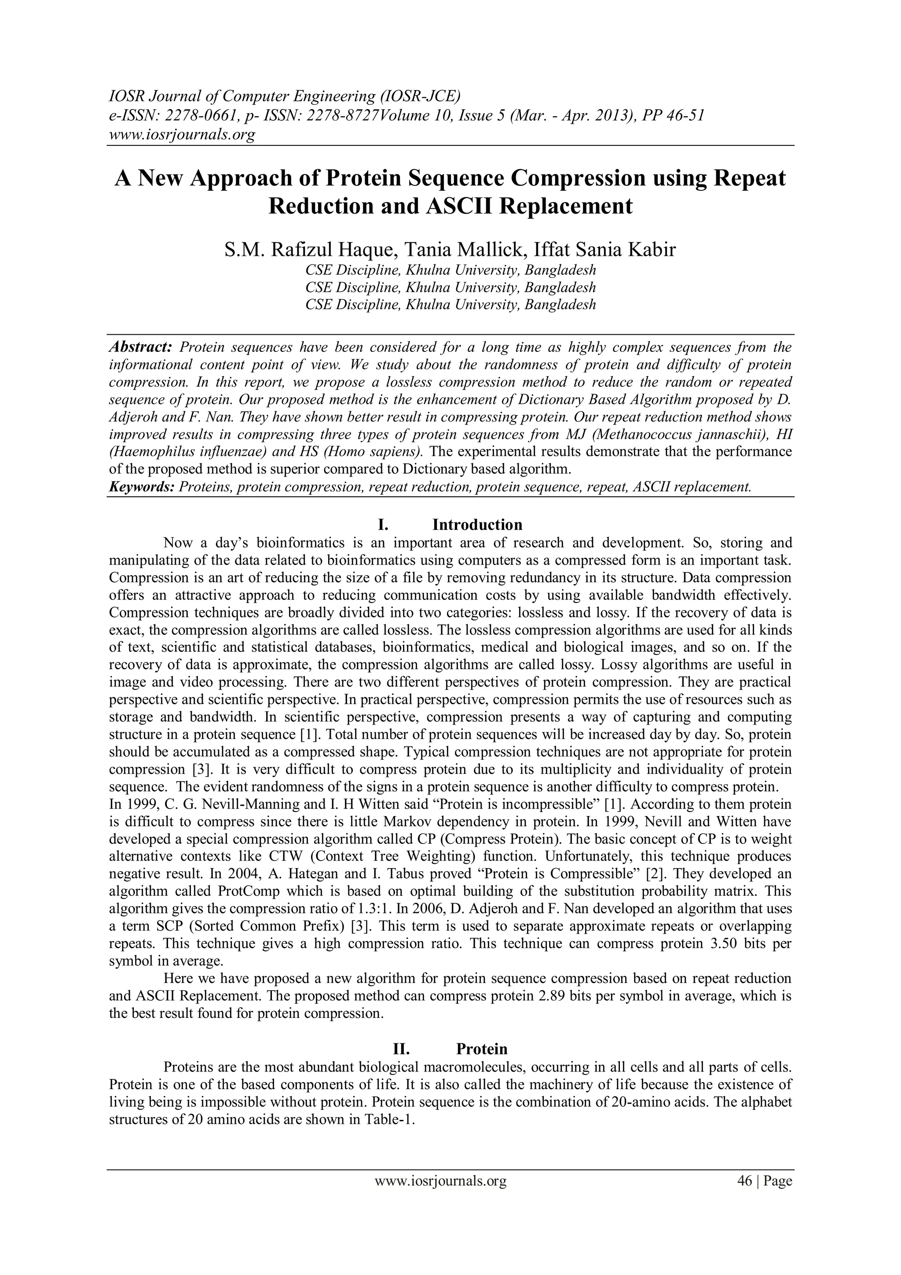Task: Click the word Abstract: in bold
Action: (140, 347)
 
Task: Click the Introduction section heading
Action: (477, 525)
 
